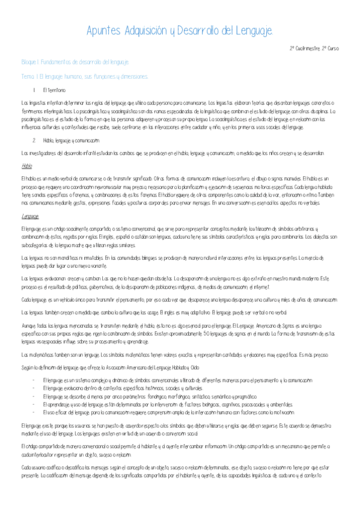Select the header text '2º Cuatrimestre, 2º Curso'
[x=314, y=48]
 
